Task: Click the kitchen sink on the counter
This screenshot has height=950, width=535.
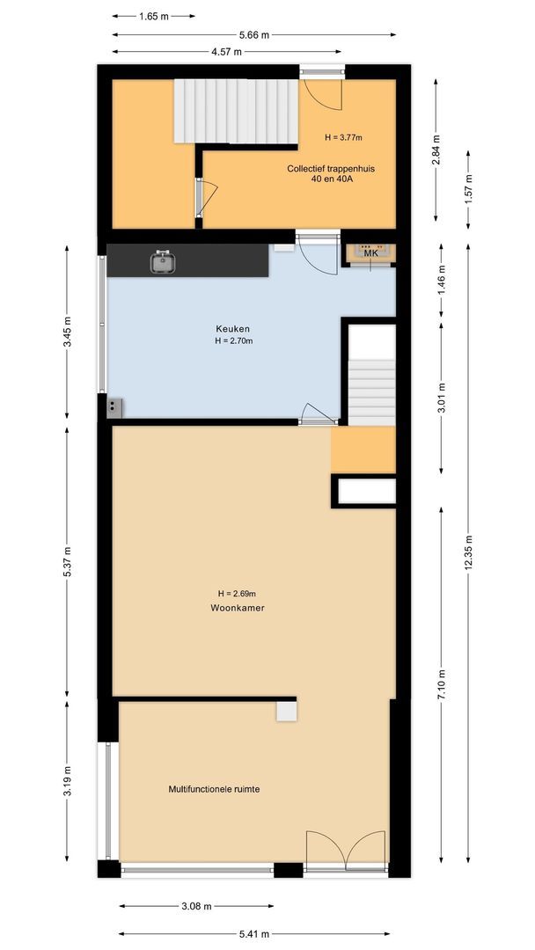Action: (162, 260)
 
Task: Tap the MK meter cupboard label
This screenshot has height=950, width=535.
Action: (370, 253)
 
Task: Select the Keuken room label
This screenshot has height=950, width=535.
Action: (226, 329)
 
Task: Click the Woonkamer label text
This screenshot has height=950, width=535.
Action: (238, 608)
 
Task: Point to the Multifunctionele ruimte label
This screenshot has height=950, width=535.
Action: (214, 789)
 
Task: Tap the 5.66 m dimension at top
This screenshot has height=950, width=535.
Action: (253, 35)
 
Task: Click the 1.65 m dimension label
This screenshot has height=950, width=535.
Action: (154, 16)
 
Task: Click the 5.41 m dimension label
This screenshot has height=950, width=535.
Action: (253, 934)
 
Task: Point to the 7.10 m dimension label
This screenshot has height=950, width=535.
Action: (442, 683)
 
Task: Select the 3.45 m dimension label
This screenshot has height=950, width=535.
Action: (68, 332)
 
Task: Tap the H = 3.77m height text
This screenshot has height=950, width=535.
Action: (343, 137)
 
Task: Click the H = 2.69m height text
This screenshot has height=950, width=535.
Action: (238, 592)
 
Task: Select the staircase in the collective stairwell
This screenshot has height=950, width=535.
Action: (234, 111)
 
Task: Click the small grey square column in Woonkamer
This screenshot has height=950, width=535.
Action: (286, 711)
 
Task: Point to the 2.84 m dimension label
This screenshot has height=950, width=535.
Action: (437, 150)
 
